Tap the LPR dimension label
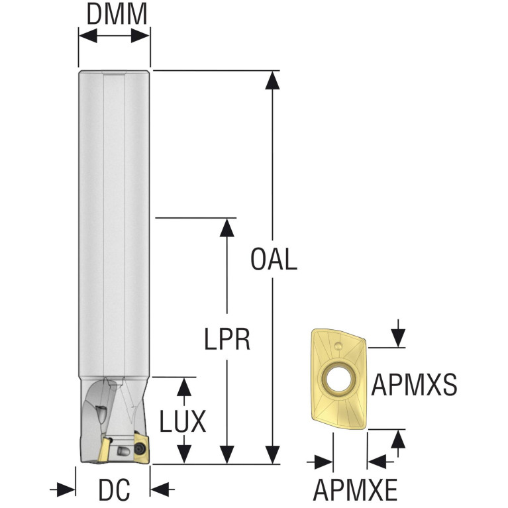point(227,340)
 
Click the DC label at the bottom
point(114,491)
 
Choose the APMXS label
point(415,385)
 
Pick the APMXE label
point(355,491)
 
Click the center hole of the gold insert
point(337,379)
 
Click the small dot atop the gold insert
point(338,345)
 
